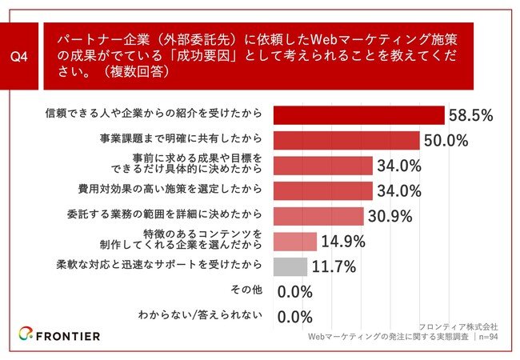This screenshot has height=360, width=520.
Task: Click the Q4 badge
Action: pos(24,57)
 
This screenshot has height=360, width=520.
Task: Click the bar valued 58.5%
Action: pos(358,115)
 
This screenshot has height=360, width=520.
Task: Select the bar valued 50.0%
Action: pos(346,141)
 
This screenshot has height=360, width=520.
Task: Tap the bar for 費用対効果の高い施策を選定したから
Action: pos(323,191)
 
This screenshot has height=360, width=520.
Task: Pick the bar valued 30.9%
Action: pos(318,216)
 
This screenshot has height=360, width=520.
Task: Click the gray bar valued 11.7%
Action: pos(290,266)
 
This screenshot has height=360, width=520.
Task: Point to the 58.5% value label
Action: pos(471,116)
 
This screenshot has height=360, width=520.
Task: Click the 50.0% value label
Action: pos(446,142)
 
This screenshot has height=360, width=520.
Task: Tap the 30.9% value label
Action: pos(390,217)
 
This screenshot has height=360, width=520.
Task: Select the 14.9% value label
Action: pos(342,242)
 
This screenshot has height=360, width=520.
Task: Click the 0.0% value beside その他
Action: pos(294,292)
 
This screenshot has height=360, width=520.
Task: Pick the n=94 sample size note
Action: pos(487,338)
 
